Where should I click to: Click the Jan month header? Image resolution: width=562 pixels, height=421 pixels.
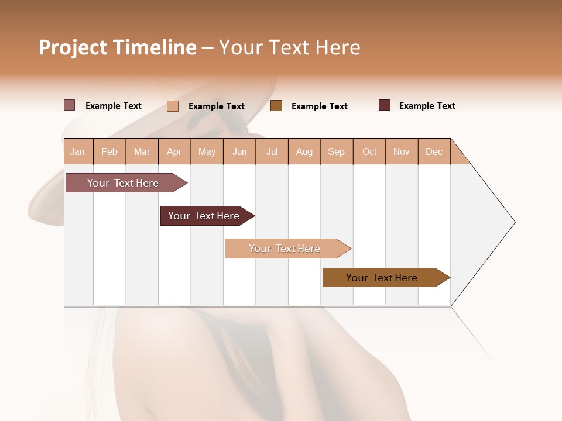(78, 151)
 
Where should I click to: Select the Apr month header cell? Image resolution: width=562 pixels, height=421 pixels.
(174, 151)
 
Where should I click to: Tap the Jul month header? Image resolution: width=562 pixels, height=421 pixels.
(272, 151)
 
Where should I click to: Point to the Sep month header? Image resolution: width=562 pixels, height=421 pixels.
(337, 151)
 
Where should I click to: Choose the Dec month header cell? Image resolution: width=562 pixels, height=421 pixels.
(434, 151)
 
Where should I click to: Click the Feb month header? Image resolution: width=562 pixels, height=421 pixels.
(109, 151)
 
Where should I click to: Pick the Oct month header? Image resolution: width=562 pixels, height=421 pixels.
(369, 151)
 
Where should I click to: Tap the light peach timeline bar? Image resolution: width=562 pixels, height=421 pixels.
(285, 249)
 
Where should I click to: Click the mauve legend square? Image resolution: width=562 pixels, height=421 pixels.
(70, 105)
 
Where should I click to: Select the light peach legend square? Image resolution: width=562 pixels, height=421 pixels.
(173, 106)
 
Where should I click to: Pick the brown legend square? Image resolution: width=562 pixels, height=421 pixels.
(276, 105)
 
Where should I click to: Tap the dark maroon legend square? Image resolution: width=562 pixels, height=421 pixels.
(385, 105)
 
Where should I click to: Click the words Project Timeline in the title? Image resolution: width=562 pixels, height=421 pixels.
(117, 47)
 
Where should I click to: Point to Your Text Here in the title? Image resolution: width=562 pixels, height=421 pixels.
(290, 47)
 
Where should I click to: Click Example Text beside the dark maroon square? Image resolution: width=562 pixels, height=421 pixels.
(427, 106)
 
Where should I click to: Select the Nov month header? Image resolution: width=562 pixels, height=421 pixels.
(402, 151)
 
